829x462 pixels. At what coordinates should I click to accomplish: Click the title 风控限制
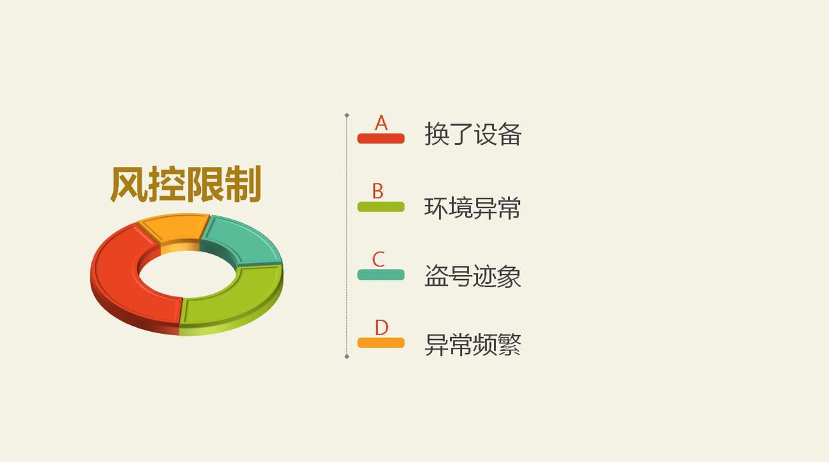pyautogui.click(x=185, y=184)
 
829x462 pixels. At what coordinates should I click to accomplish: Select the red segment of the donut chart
pyautogui.click(x=120, y=280)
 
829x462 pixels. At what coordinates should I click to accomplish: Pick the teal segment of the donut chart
pyautogui.click(x=244, y=240)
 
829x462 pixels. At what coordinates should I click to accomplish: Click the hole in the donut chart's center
pyautogui.click(x=187, y=274)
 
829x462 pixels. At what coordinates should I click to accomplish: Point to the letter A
pyautogui.click(x=381, y=123)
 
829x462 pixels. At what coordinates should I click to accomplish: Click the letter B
pyautogui.click(x=378, y=192)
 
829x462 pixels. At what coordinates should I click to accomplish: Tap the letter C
pyautogui.click(x=378, y=259)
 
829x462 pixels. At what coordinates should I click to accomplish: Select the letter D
pyautogui.click(x=381, y=327)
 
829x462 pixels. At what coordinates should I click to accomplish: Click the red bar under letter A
pyautogui.click(x=381, y=139)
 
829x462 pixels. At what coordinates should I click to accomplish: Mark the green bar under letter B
pyautogui.click(x=381, y=207)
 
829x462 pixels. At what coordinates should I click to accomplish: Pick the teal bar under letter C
pyautogui.click(x=381, y=274)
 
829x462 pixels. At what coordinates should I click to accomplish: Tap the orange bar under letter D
pyautogui.click(x=381, y=342)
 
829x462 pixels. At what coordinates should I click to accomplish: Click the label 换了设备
pyautogui.click(x=473, y=135)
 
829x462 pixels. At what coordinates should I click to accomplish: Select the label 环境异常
pyautogui.click(x=473, y=208)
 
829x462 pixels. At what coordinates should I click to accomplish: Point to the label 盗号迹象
pyautogui.click(x=473, y=276)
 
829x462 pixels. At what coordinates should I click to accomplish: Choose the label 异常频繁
pyautogui.click(x=473, y=344)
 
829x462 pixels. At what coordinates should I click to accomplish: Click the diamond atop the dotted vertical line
pyautogui.click(x=347, y=115)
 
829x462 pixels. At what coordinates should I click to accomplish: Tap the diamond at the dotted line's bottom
pyautogui.click(x=347, y=357)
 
